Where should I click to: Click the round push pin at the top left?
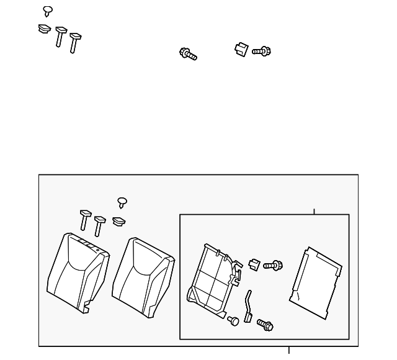point(48,11)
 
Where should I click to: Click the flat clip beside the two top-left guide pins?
point(44,29)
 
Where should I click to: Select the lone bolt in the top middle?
point(187,54)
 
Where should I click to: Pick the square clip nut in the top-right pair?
point(241,49)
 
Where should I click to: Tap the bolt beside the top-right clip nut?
point(262,51)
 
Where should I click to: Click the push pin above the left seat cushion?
point(122,202)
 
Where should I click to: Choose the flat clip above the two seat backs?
point(119,221)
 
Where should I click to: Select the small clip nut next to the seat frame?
point(254,264)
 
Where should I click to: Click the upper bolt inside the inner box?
point(272,265)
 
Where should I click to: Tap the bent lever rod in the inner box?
point(249,305)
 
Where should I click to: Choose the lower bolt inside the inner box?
point(265,324)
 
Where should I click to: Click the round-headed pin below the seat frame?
point(233,321)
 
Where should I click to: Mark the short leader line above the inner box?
point(314,212)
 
